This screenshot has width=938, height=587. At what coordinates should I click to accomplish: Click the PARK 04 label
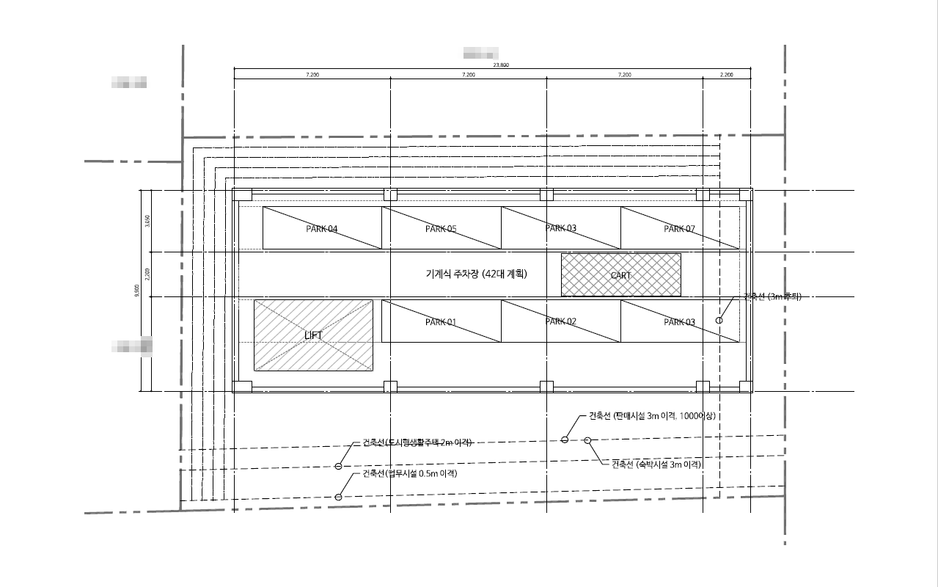click(x=322, y=229)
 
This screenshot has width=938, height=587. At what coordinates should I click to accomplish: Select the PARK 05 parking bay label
click(x=441, y=229)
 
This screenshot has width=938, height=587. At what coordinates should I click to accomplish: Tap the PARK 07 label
click(x=679, y=229)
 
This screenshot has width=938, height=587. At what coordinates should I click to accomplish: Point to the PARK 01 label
click(x=441, y=322)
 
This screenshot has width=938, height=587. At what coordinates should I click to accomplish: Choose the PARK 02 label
click(x=561, y=321)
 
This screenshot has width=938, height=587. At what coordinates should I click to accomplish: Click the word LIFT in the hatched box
click(x=313, y=335)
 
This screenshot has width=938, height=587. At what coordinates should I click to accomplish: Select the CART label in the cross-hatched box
click(x=620, y=276)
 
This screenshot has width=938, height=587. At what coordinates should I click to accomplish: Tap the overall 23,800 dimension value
click(x=501, y=65)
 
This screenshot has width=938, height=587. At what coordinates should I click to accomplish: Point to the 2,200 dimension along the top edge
click(x=726, y=75)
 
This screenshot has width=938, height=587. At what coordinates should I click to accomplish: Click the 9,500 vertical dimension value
click(x=137, y=291)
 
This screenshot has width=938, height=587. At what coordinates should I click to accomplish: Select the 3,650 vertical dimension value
click(x=147, y=221)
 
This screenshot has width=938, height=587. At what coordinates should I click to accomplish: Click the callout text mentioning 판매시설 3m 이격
click(x=652, y=416)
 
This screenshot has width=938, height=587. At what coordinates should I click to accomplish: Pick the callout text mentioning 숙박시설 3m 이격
click(x=656, y=464)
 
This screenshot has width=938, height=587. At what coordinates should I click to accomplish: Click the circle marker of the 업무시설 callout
click(x=338, y=497)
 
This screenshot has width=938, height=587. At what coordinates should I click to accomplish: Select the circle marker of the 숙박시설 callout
click(x=587, y=440)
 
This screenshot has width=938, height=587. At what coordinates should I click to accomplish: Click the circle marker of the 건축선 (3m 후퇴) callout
click(x=719, y=320)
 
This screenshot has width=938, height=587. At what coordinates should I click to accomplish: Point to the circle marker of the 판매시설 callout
click(x=564, y=440)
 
